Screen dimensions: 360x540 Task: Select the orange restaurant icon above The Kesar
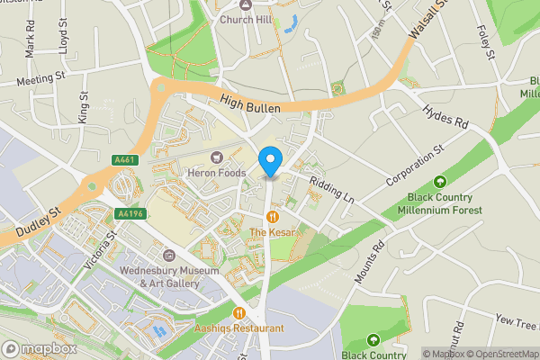coord(271,217)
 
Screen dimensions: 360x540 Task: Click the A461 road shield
coord(125,160)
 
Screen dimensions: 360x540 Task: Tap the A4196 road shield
coord(130,214)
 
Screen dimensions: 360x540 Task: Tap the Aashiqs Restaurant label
coord(238,329)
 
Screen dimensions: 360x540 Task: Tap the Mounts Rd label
coord(369,263)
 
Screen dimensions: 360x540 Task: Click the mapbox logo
coord(38,348)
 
